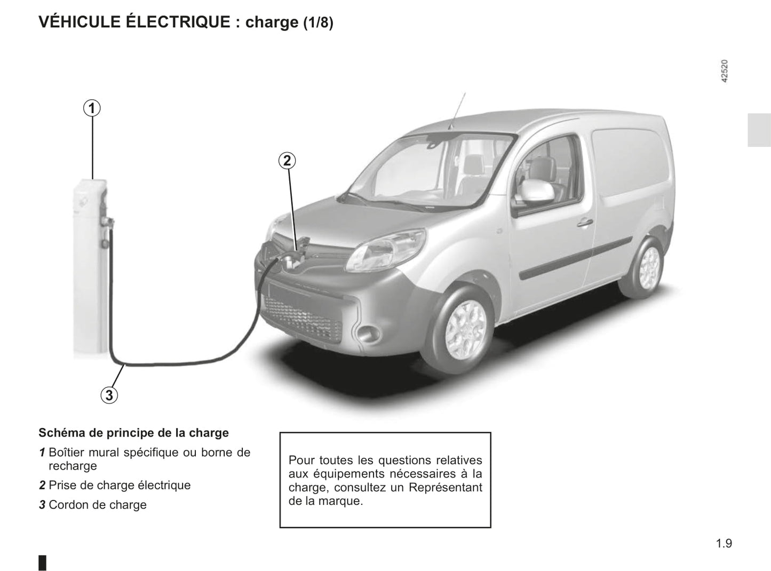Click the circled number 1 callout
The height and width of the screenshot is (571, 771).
click(92, 108)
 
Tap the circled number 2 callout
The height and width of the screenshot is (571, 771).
click(287, 161)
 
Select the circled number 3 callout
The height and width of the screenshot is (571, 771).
click(109, 395)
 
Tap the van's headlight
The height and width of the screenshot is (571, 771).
click(385, 250)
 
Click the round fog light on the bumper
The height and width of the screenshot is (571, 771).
click(368, 334)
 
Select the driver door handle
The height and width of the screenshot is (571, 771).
click(585, 222)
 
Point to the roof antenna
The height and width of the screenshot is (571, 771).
click(457, 112)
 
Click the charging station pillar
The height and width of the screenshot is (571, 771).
click(90, 266)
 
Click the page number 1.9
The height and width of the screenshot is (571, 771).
click(724, 543)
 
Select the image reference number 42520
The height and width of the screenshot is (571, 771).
click(725, 72)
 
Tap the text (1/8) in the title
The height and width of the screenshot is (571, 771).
click(318, 22)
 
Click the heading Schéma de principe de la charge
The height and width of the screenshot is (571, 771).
click(134, 433)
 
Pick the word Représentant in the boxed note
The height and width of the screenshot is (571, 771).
click(446, 487)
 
